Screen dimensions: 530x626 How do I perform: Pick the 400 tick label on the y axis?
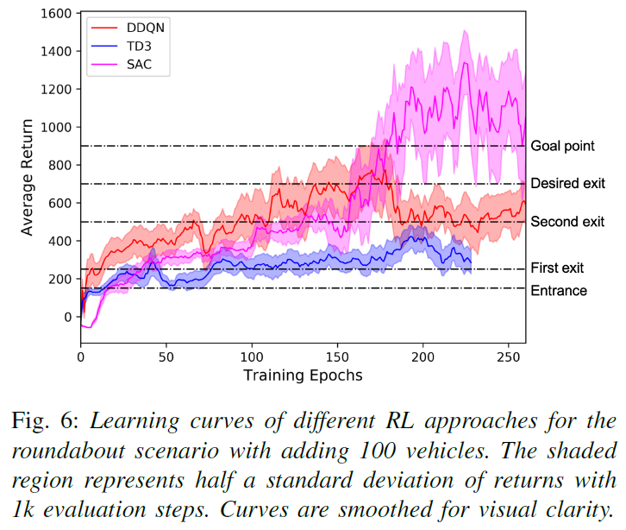pyautogui.click(x=58, y=241)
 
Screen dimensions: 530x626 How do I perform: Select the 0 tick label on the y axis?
pyautogui.click(x=68, y=317)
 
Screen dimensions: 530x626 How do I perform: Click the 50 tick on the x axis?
pyautogui.click(x=166, y=355)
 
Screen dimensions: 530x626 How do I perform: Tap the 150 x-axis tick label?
pyautogui.click(x=337, y=355)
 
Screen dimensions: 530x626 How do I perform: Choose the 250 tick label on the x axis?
pyautogui.click(x=509, y=355)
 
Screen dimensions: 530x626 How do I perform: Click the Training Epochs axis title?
pyautogui.click(x=303, y=375)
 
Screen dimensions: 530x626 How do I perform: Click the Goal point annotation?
pyautogui.click(x=562, y=146)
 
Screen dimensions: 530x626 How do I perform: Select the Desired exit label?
pyautogui.click(x=567, y=183)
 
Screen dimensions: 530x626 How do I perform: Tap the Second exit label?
pyautogui.click(x=567, y=222)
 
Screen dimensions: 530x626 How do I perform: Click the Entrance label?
pyautogui.click(x=559, y=291)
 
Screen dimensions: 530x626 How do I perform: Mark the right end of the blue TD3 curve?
pyautogui.click(x=471, y=262)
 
